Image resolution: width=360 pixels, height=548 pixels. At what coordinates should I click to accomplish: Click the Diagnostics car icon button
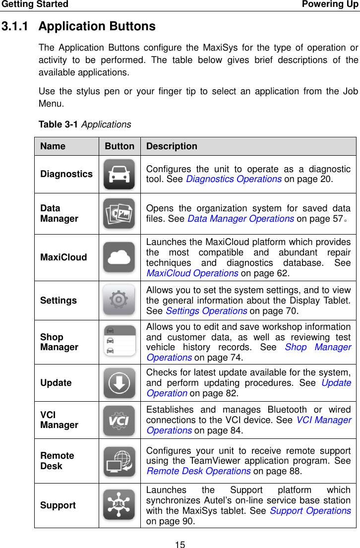[119, 174]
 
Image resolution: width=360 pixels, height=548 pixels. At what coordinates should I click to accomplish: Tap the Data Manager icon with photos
[119, 213]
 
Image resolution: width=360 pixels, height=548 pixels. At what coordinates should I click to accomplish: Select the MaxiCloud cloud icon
[119, 257]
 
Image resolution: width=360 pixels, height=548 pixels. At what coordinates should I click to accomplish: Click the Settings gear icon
[119, 300]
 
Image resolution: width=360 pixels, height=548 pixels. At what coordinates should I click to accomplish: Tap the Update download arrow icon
[119, 383]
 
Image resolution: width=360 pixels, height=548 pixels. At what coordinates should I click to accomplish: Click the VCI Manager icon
[119, 420]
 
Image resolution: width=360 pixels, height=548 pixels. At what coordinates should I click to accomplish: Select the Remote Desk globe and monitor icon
[119, 461]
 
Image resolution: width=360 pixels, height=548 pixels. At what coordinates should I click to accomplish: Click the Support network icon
[119, 505]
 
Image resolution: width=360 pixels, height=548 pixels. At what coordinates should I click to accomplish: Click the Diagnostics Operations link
[234, 179]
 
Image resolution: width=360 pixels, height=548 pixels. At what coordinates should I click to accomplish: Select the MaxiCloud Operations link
[192, 273]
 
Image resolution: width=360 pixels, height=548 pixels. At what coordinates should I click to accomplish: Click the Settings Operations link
[206, 311]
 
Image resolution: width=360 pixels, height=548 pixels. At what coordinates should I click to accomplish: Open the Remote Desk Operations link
[198, 471]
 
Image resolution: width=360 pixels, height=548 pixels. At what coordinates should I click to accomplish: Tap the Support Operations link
[310, 510]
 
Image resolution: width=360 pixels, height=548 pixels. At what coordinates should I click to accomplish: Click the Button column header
[119, 146]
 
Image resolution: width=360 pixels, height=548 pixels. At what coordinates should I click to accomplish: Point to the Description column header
[172, 146]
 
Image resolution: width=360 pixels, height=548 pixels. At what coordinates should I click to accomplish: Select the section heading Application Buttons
[97, 26]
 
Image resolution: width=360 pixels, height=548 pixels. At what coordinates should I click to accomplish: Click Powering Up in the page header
[330, 4]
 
